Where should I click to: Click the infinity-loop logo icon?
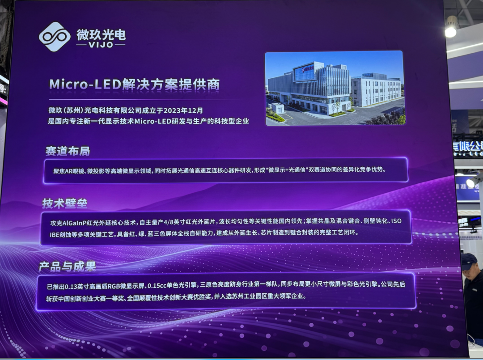pyautogui.click(x=55, y=36)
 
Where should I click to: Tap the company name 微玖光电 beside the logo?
pyautogui.click(x=101, y=34)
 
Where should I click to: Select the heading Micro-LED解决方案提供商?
pyautogui.click(x=134, y=85)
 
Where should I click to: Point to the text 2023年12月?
pyautogui.click(x=183, y=110)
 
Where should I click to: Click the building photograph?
pyautogui.click(x=335, y=88)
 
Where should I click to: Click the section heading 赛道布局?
pyautogui.click(x=68, y=151)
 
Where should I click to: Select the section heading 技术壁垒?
pyautogui.click(x=65, y=203)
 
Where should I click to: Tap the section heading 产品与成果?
pyautogui.click(x=67, y=267)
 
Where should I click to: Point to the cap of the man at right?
pyautogui.click(x=468, y=261)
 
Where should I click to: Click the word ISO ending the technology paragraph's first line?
pyautogui.click(x=396, y=221)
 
